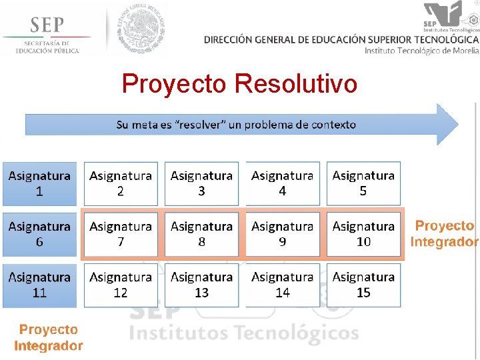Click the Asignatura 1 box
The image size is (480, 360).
point(39,183)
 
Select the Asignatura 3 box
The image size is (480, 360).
point(201,183)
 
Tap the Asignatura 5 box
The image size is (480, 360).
point(363,183)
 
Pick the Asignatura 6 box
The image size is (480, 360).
point(39,234)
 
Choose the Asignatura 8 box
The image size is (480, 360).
point(201,234)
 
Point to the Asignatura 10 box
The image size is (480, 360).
point(363,234)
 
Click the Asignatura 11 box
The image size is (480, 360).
point(39,285)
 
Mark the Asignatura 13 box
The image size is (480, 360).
point(201,285)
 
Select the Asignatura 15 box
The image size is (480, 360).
point(363,285)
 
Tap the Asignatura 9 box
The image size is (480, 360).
point(282,234)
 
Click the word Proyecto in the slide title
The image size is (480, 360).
point(175,85)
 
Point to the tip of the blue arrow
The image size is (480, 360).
point(457,124)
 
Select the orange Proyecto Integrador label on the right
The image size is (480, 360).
point(444,234)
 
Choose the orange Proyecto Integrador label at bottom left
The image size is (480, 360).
point(48,337)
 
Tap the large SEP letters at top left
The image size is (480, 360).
point(47,26)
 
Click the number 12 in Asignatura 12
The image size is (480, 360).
point(121,293)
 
